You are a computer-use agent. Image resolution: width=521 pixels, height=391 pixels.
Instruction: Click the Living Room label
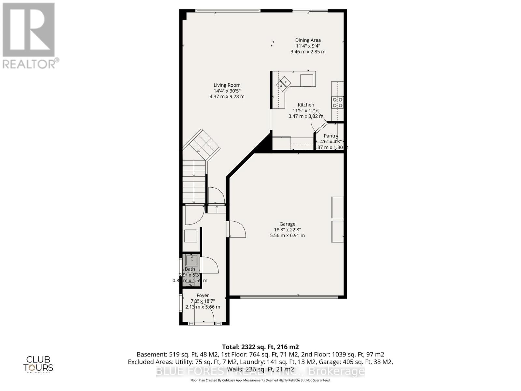click(227, 85)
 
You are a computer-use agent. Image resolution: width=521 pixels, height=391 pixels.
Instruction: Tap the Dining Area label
click(308, 40)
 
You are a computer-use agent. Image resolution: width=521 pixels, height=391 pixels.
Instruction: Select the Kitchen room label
click(306, 105)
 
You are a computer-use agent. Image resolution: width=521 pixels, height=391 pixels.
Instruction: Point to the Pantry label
click(331, 136)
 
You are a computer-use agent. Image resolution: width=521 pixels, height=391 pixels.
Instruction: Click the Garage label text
click(287, 224)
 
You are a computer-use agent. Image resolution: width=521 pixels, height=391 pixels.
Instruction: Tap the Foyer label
click(203, 296)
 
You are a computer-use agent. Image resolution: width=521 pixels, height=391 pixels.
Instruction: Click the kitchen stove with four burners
click(337, 102)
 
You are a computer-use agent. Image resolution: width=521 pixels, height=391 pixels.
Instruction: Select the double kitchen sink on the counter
click(283, 83)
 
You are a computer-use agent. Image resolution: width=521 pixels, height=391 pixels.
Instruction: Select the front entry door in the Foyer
click(204, 316)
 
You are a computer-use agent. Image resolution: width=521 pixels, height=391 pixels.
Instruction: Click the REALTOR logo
click(29, 36)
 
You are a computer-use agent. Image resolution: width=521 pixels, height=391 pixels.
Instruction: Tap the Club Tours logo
click(38, 364)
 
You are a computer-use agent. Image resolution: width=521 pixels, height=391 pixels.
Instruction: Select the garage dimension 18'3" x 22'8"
click(287, 230)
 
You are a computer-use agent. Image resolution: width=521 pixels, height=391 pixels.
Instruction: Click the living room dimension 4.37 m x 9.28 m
click(227, 97)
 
